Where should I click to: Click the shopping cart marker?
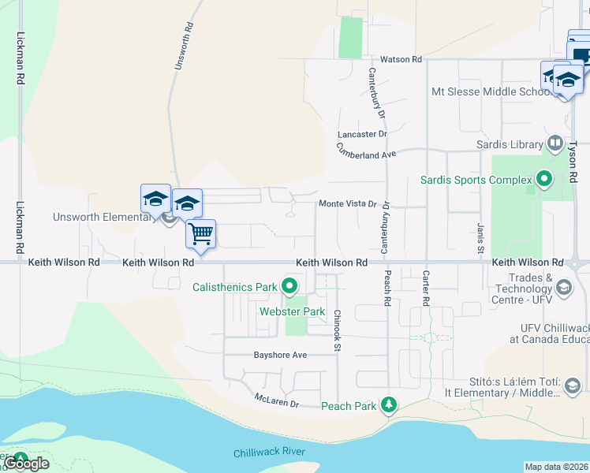(x=201, y=233)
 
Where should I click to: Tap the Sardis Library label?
(x=510, y=144)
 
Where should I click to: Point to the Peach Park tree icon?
(x=388, y=405)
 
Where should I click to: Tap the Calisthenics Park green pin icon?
(x=290, y=286)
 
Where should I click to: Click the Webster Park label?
(x=293, y=311)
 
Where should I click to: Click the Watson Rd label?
(x=401, y=59)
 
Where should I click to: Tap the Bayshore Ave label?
(x=280, y=355)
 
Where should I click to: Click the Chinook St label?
(x=337, y=330)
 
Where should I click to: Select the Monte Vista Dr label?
(x=348, y=203)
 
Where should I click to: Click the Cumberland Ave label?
(x=366, y=151)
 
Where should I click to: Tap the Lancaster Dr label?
(x=362, y=134)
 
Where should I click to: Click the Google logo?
(x=26, y=463)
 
